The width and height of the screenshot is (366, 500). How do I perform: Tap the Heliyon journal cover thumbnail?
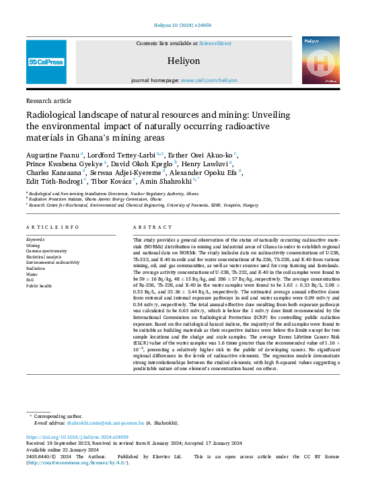(319, 61)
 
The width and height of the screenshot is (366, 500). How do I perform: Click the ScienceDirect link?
(215, 43)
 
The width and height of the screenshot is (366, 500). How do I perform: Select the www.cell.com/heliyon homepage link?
(209, 80)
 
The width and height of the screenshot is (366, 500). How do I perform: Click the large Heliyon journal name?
(184, 61)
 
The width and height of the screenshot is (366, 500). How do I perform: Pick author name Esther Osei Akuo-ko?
(200, 155)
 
